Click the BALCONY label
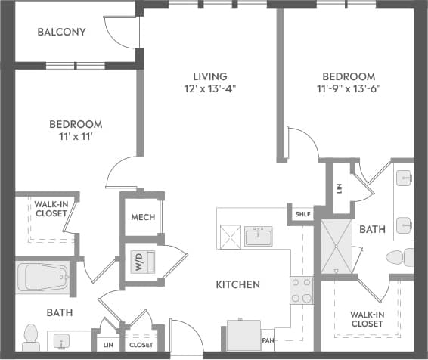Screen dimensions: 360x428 coord(62,33)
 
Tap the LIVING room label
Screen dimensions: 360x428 coord(209,76)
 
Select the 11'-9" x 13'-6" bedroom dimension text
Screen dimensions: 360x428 coord(349,87)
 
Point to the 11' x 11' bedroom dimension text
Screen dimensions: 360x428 coord(76,136)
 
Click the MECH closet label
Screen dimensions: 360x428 coord(143,218)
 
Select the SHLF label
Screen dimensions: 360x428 coord(302,214)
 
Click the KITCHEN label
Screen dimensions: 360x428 coord(238,285)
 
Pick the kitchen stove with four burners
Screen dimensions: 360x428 coord(301,290)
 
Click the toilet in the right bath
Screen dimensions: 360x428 coord(399,257)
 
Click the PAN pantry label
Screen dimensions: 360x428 coord(268,341)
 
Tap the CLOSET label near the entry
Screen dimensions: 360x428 coord(140,345)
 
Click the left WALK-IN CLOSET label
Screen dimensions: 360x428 coord(50,208)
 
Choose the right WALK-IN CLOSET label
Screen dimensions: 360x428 coord(366,319)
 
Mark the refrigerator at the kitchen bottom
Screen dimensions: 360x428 coord(243,334)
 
